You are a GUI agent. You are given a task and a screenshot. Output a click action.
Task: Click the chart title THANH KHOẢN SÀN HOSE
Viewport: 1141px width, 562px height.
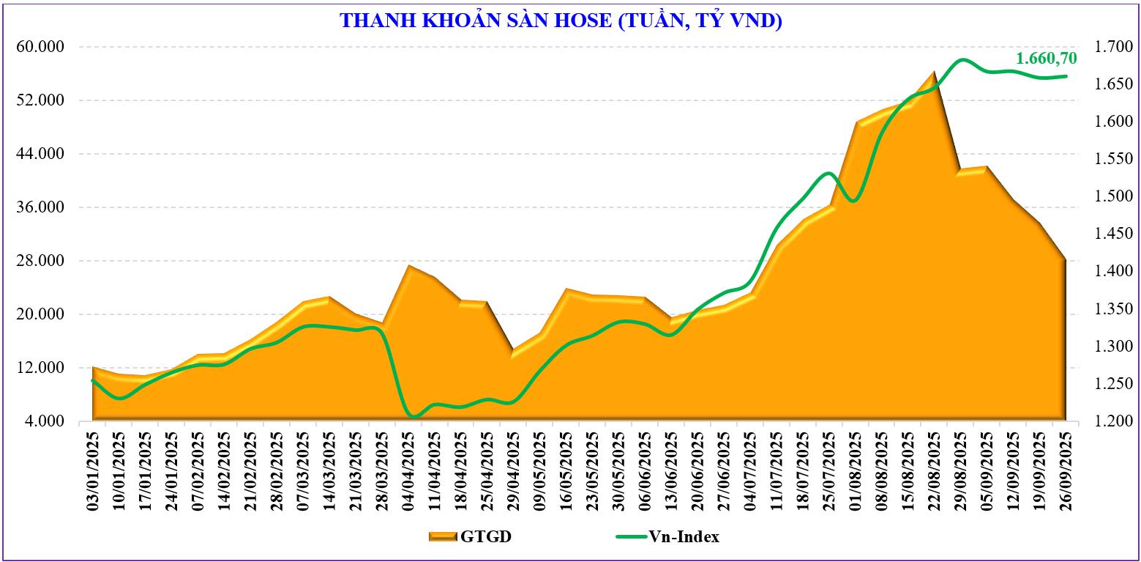(x=561, y=21)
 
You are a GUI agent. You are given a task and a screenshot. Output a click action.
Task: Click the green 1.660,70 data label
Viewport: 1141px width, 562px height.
(x=1046, y=59)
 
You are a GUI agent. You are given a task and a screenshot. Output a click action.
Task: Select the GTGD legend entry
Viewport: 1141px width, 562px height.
(x=471, y=536)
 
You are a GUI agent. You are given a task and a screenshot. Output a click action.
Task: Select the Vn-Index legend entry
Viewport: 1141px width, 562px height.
(x=668, y=536)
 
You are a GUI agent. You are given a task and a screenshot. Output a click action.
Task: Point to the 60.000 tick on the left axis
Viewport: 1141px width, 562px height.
(x=41, y=47)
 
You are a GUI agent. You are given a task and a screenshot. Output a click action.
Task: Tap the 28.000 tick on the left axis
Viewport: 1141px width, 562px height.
(x=41, y=261)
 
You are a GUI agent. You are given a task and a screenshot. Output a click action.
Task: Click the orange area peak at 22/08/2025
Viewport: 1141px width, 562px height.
(x=933, y=72)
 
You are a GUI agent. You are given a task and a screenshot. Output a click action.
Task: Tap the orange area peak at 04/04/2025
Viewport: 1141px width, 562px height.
(x=409, y=265)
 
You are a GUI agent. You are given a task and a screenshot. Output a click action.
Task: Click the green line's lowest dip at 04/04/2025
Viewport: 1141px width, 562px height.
(x=412, y=417)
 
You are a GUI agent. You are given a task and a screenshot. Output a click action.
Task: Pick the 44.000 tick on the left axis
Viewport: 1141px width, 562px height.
(x=41, y=154)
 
